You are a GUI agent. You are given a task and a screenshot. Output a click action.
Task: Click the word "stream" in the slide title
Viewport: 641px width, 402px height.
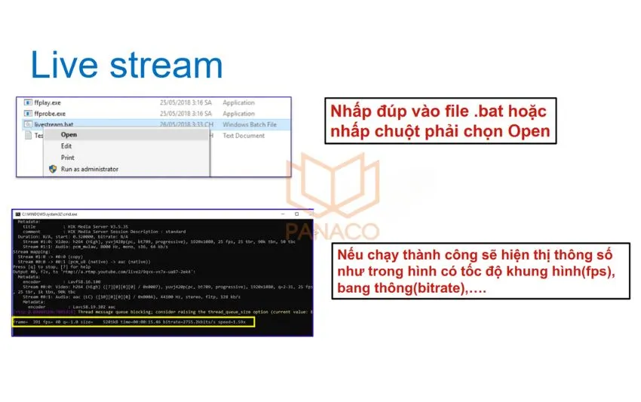[x=163, y=66]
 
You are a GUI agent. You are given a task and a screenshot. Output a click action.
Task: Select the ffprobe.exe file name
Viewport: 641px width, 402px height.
[x=50, y=113]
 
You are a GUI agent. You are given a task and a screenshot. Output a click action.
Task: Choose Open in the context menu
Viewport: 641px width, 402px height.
[x=69, y=135]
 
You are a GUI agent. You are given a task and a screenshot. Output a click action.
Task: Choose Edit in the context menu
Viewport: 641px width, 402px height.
[x=66, y=146]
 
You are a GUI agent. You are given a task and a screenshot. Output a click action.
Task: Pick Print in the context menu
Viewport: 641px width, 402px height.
[x=67, y=158]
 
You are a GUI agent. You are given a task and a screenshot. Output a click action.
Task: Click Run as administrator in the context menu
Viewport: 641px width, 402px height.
[x=89, y=169]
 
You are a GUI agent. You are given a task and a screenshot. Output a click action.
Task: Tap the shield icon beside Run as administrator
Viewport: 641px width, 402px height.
[x=52, y=169]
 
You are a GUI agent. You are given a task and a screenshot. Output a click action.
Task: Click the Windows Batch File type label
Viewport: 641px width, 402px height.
[x=250, y=124]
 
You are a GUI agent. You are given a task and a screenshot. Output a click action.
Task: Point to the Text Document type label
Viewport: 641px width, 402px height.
[x=244, y=135]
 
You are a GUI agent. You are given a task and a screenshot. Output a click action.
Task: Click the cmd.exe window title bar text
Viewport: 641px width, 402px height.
[x=49, y=214]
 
